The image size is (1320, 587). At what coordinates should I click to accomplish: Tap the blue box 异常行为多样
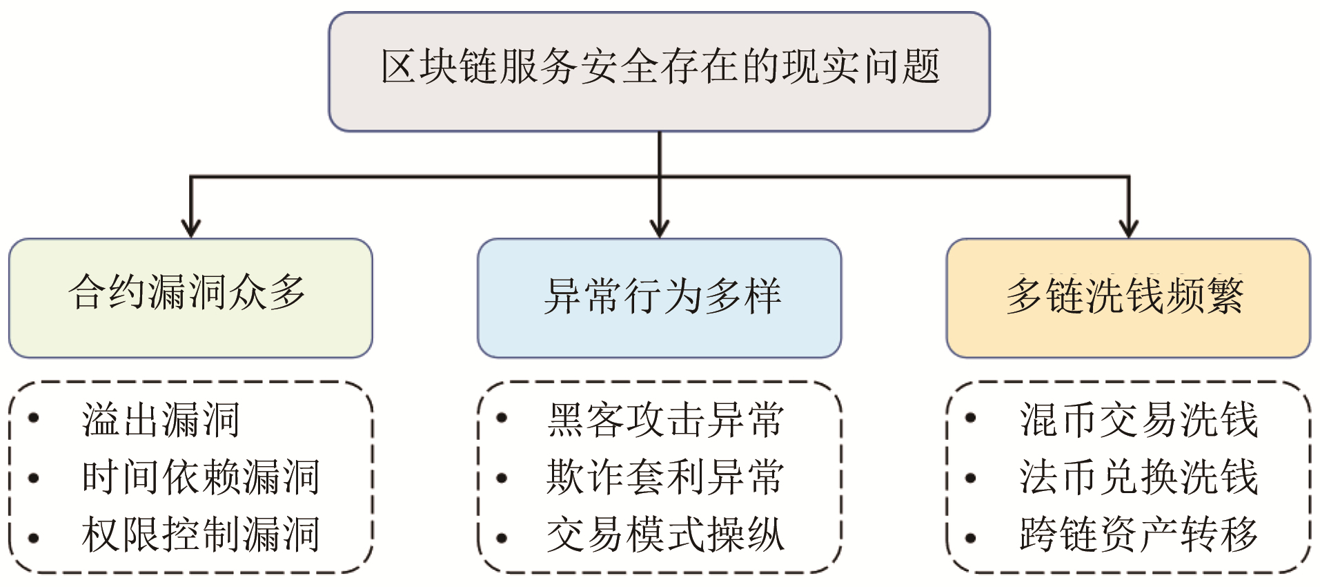click(x=659, y=298)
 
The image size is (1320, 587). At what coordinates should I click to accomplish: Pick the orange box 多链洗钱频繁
click(x=1127, y=298)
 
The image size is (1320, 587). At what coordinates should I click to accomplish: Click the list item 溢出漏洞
click(x=160, y=419)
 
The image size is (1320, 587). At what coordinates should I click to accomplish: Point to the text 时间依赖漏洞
click(x=200, y=477)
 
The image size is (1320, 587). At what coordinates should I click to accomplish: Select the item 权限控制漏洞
click(x=200, y=535)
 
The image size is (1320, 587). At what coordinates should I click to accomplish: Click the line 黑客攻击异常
click(x=665, y=419)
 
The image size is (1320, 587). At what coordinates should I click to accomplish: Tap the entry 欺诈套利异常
click(x=665, y=477)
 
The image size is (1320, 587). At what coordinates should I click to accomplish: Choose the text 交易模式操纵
click(x=665, y=535)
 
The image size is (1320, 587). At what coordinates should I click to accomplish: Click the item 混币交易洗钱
click(x=1139, y=419)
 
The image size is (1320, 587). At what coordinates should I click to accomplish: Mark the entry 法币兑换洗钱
click(x=1139, y=477)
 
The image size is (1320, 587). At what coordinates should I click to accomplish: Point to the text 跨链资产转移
click(x=1139, y=535)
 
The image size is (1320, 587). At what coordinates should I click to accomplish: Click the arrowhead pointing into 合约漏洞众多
click(x=190, y=229)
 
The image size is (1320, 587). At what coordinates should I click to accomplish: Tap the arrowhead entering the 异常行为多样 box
click(x=660, y=229)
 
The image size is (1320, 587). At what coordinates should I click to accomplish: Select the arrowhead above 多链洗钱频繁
click(x=1129, y=229)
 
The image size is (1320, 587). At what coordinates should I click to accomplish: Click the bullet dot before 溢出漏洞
click(x=33, y=418)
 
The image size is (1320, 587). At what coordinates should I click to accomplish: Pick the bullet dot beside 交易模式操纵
click(x=502, y=538)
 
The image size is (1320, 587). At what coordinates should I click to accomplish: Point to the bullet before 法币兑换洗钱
click(x=970, y=477)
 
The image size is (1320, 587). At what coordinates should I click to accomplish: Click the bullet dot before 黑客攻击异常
click(x=502, y=418)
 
